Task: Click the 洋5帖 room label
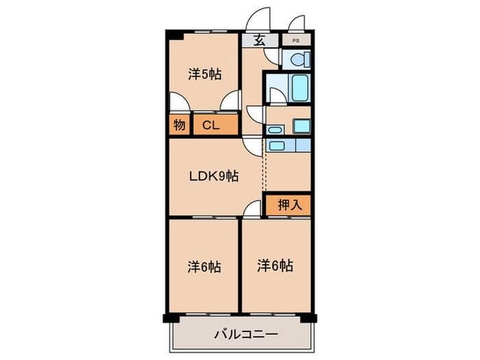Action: tap(205, 73)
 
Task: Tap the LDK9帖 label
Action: tap(213, 176)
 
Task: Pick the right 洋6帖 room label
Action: tap(275, 265)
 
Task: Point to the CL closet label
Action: tap(211, 125)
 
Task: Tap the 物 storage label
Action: tap(179, 125)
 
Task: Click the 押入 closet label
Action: tap(289, 204)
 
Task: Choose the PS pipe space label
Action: tap(296, 40)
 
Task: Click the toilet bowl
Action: tap(298, 60)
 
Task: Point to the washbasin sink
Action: tap(275, 129)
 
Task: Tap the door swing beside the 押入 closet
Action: tap(253, 207)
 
